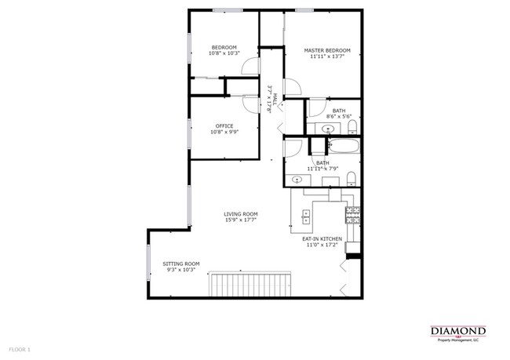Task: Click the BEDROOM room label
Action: (x=224, y=47)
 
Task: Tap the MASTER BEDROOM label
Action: (x=327, y=50)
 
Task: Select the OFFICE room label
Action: (x=224, y=125)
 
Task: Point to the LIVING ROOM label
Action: (x=241, y=214)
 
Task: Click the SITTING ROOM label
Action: (x=181, y=264)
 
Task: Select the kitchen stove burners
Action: (x=353, y=213)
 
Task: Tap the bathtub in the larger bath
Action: (x=344, y=146)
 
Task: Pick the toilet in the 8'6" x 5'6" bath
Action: (x=353, y=126)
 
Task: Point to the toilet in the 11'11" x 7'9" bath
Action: (x=351, y=176)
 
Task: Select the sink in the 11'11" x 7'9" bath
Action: (x=297, y=180)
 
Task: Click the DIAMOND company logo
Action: (x=458, y=332)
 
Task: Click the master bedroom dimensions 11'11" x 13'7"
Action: (x=327, y=56)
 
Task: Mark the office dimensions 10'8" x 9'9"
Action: (x=224, y=132)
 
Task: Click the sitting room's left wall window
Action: (x=148, y=265)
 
